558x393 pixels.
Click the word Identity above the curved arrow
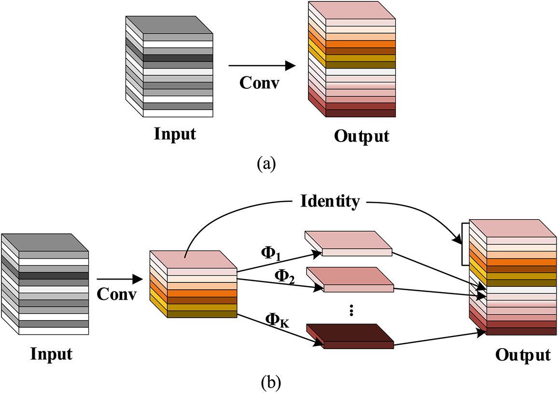click(x=330, y=201)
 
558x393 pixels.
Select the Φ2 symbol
click(x=284, y=276)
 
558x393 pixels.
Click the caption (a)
click(x=266, y=164)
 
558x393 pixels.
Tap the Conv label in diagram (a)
click(x=259, y=83)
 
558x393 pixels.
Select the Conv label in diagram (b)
click(x=116, y=294)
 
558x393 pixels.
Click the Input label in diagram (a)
click(x=175, y=134)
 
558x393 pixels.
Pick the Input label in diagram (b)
click(x=51, y=354)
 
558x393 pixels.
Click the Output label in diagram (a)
click(x=362, y=136)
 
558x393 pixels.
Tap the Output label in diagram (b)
click(x=523, y=355)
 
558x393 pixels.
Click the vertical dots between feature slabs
click(x=351, y=310)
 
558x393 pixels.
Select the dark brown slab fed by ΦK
click(x=350, y=336)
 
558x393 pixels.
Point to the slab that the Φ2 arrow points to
click(x=350, y=280)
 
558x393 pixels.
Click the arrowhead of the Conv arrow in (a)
click(x=291, y=66)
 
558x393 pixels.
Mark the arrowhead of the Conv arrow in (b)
click(x=138, y=279)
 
